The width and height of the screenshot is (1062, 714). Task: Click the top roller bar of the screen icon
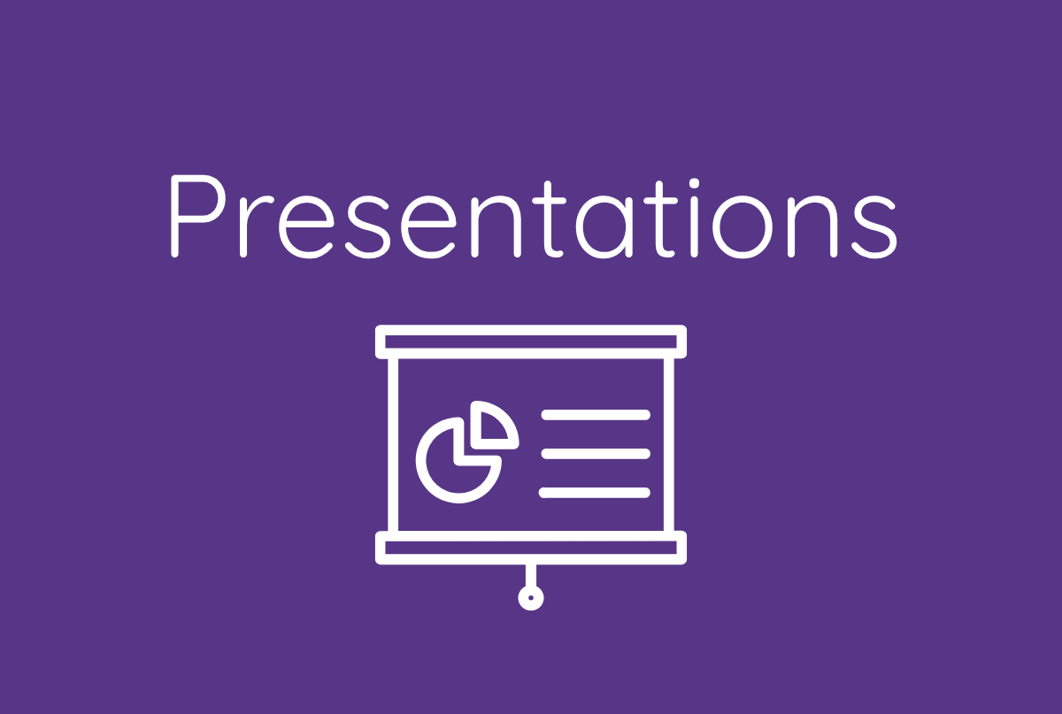pyautogui.click(x=531, y=342)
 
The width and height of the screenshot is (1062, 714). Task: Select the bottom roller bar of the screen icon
pyautogui.click(x=531, y=548)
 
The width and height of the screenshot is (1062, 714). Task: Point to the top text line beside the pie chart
pyautogui.click(x=595, y=414)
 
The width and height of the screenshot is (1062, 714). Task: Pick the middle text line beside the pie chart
pyautogui.click(x=595, y=453)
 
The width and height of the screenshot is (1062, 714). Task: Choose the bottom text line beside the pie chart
pyautogui.click(x=595, y=492)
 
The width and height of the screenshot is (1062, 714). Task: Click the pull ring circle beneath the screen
pyautogui.click(x=531, y=598)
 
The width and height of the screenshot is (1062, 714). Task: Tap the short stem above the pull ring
pyautogui.click(x=531, y=574)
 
